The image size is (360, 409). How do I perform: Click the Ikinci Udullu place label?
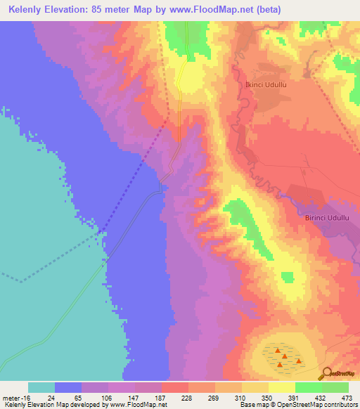pos(264,85)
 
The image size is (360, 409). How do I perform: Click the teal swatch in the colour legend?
pos(41,387)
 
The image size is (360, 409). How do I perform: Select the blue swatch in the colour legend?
pos(68,387)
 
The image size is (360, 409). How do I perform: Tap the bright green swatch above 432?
pos(309,387)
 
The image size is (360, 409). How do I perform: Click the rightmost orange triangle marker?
pos(299,362)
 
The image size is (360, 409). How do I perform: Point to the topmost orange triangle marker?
pos(278,351)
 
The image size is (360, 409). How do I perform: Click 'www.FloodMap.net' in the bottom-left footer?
pos(139,405)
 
